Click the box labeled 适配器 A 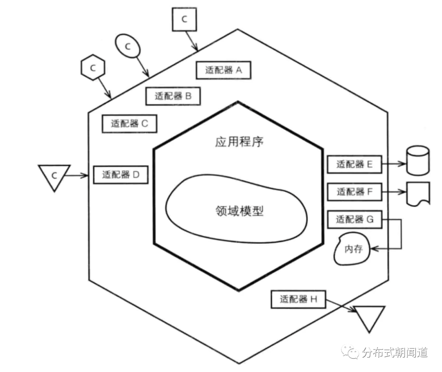point(223,70)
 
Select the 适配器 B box point(173,96)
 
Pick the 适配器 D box point(121,175)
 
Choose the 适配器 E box point(354,164)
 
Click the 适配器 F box point(354,191)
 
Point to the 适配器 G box point(354,220)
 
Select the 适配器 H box point(298,299)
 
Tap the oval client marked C point(127,47)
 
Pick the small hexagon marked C point(93,68)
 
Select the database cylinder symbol point(417,160)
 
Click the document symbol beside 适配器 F point(418,193)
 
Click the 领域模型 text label point(239,211)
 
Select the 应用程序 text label point(239,142)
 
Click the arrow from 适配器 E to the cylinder point(394,164)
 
